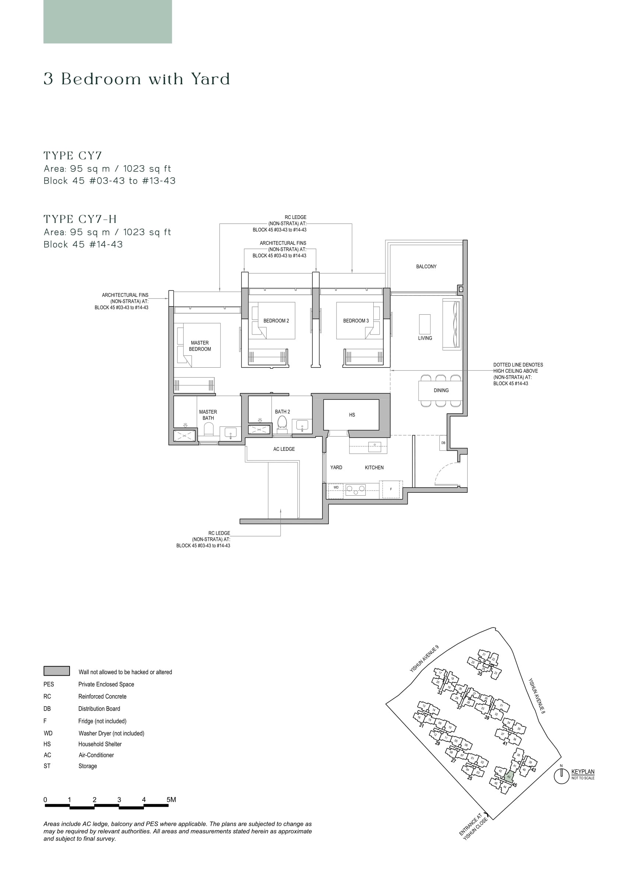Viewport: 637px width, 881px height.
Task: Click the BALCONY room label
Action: [426, 266]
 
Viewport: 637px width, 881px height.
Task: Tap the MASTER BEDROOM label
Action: [200, 346]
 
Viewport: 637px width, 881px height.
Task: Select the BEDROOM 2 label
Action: [276, 321]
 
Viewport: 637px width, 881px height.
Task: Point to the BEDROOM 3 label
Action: [356, 321]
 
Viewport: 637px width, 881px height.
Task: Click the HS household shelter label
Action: [352, 415]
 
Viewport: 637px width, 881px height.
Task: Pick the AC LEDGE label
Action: [284, 449]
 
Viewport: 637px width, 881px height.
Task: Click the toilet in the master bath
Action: [209, 429]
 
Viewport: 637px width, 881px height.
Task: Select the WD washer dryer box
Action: [336, 488]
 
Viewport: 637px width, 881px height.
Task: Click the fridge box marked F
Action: [391, 489]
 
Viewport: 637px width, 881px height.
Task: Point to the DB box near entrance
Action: [443, 443]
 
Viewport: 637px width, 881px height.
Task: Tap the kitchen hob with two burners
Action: [356, 489]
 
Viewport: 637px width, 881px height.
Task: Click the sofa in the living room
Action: [452, 325]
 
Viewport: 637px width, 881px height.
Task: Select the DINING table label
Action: [441, 390]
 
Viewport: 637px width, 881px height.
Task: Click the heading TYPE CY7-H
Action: [80, 219]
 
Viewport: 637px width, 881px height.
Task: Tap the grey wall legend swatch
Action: [57, 671]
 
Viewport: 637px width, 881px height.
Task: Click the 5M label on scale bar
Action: [171, 799]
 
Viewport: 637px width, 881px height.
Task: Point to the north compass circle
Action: [561, 776]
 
